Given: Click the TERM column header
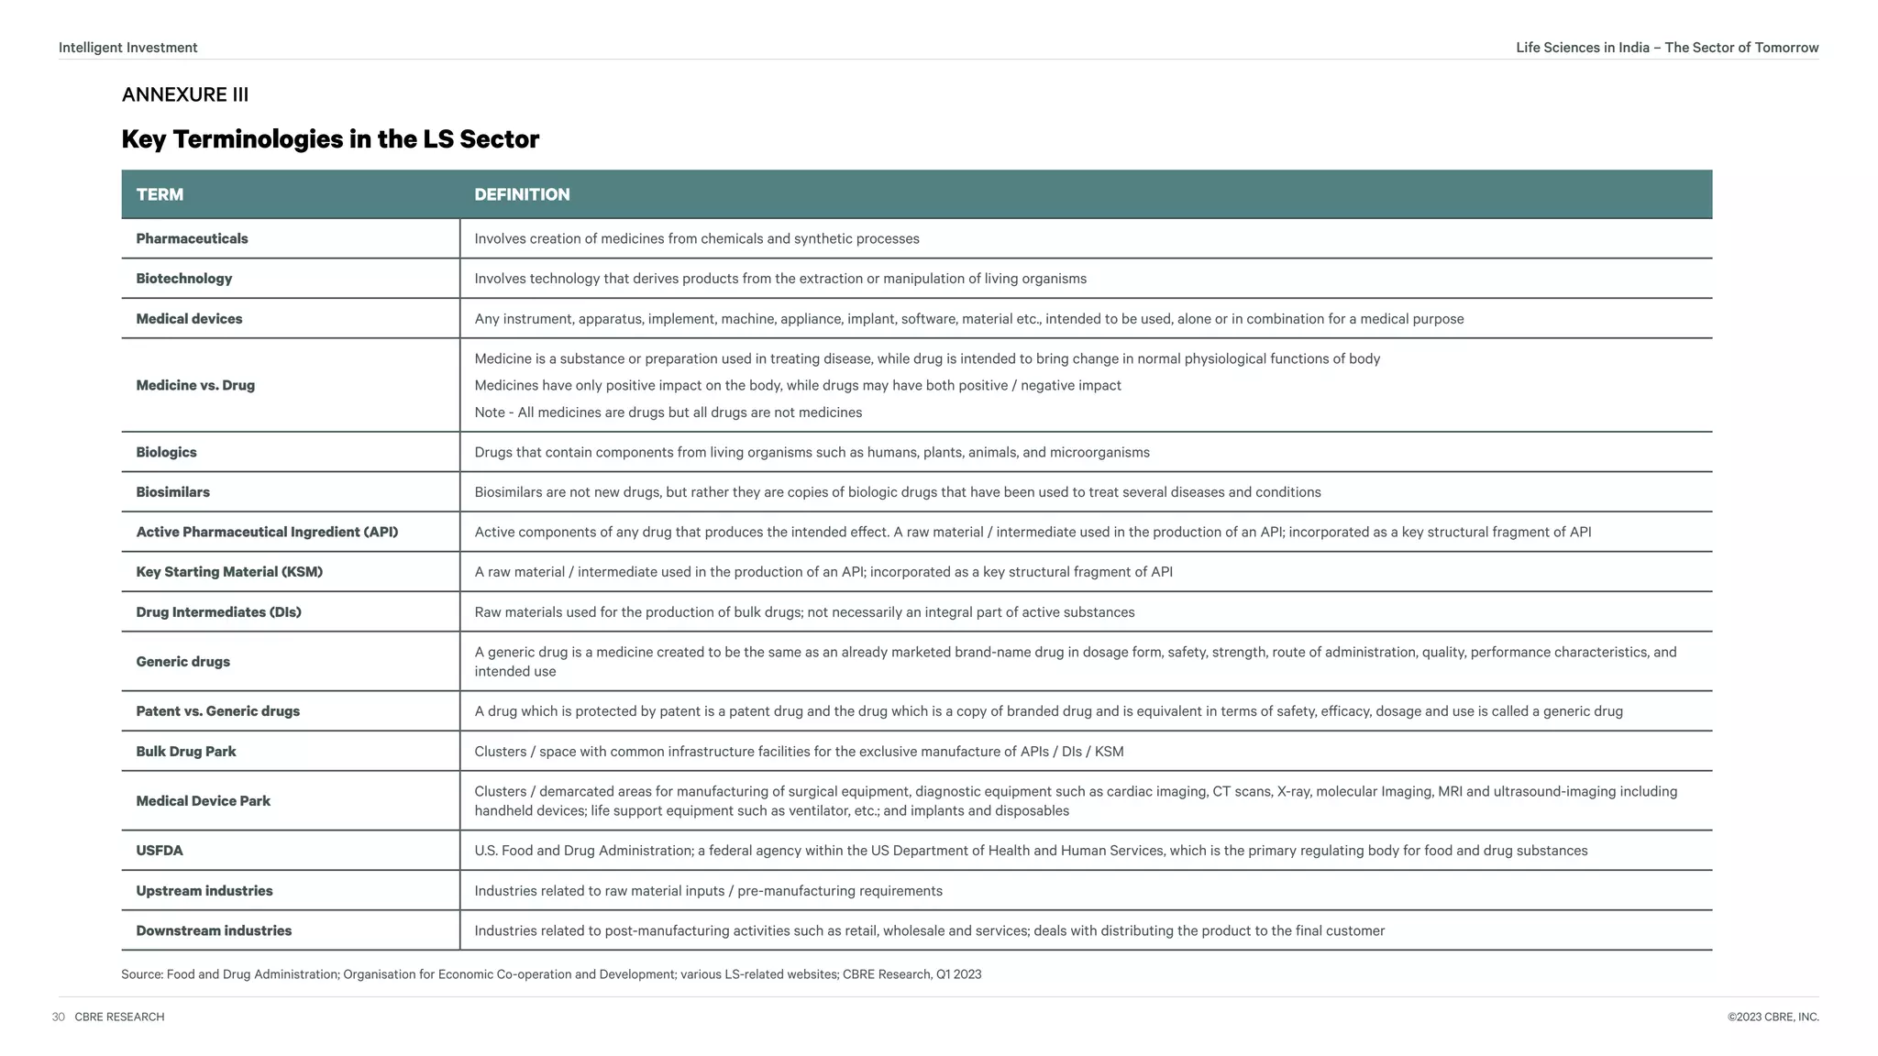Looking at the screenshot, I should [160, 194].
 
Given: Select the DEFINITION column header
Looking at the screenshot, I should [522, 194].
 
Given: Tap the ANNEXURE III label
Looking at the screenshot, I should [184, 94].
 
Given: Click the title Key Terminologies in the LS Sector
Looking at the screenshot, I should [330, 139].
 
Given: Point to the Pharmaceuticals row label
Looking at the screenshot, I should [192, 238].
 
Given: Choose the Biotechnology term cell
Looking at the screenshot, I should [183, 279].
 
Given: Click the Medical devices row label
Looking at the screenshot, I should [189, 319].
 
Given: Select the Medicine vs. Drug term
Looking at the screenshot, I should [195, 385].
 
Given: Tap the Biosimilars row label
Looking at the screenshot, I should [172, 492].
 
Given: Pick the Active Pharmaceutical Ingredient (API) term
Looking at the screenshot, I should [267, 532].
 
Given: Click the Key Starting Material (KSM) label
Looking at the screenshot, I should [229, 572].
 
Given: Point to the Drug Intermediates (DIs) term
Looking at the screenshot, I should [218, 612].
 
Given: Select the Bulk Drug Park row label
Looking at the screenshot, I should [186, 752].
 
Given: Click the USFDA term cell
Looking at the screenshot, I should [160, 851].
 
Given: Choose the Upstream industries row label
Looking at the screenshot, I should [204, 891].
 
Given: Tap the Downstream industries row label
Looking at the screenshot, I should [214, 930].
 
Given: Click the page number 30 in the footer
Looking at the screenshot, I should [59, 1017].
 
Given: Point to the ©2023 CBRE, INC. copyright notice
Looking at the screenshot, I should [1773, 1017].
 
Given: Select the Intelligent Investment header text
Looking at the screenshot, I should [127, 48].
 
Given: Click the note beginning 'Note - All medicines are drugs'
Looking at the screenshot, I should [668, 412].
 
